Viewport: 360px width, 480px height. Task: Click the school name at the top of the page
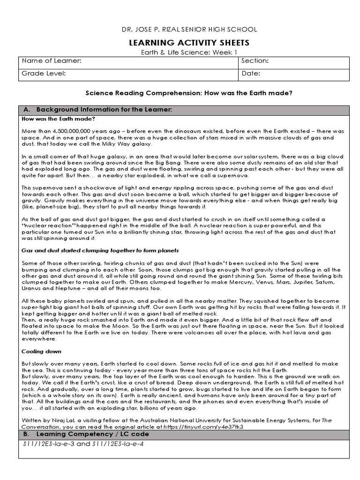[x=189, y=29]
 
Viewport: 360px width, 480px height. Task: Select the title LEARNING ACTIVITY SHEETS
[x=189, y=43]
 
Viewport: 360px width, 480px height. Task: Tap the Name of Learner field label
[x=52, y=61]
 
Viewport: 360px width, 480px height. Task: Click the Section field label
[x=255, y=61]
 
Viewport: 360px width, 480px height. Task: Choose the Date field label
[x=251, y=74]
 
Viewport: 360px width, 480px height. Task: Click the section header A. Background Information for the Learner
[x=98, y=110]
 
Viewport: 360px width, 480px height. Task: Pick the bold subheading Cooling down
[x=41, y=351]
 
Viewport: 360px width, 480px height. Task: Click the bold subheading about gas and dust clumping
[x=100, y=250]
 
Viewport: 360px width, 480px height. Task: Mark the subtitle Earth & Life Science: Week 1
[x=189, y=52]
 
